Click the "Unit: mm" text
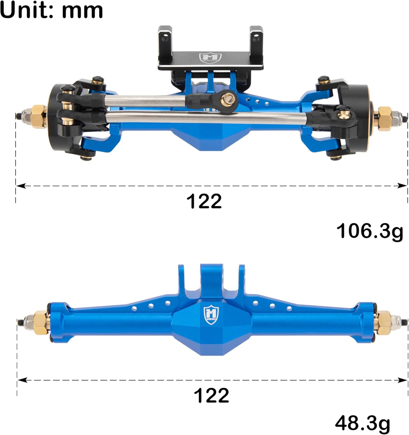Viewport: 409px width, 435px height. pos(52,10)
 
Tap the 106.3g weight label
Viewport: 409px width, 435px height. pos(369,232)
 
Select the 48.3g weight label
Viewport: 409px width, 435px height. pos(362,423)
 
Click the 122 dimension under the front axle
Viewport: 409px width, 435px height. pos(204,201)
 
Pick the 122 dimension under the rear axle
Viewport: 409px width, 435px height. pos(211,395)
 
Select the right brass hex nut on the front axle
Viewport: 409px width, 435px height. pos(385,118)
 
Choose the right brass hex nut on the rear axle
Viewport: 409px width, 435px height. pos(384,322)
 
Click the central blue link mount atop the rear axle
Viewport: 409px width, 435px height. pos(211,280)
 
